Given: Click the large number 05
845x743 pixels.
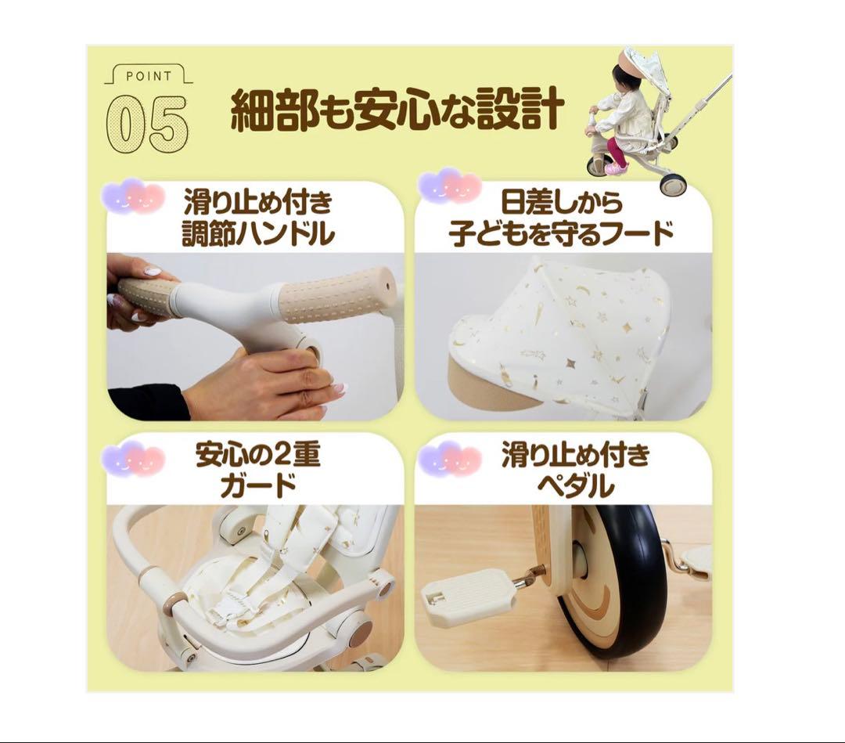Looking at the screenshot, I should pyautogui.click(x=147, y=124).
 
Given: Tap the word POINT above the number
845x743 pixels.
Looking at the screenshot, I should pyautogui.click(x=148, y=76).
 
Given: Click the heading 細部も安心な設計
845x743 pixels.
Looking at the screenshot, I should pyautogui.click(x=397, y=112).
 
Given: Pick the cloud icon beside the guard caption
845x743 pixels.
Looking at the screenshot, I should pyautogui.click(x=133, y=460).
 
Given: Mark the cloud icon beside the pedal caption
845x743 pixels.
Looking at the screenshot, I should pyautogui.click(x=450, y=460).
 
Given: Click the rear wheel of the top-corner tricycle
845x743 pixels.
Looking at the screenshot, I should pyautogui.click(x=672, y=184).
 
